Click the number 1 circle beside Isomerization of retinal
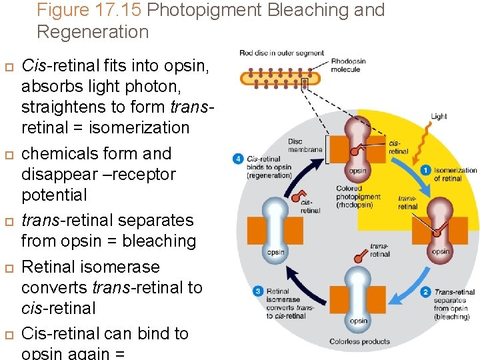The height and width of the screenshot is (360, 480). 425,170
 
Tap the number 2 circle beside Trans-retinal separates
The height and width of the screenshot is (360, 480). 425,291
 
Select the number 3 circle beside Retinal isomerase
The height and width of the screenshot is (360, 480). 258,291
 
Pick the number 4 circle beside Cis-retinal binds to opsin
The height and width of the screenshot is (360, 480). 238,159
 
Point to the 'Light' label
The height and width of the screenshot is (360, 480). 439,116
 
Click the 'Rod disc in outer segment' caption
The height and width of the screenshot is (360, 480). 281,53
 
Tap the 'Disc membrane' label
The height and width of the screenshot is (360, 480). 305,145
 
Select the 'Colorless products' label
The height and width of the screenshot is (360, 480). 359,342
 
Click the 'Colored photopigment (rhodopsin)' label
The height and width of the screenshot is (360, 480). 358,197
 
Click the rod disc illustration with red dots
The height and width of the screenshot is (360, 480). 280,77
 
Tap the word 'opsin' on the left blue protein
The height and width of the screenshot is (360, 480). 276,252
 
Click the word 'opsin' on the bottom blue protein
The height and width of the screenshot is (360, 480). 359,321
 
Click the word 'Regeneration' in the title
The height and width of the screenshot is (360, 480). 93,31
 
